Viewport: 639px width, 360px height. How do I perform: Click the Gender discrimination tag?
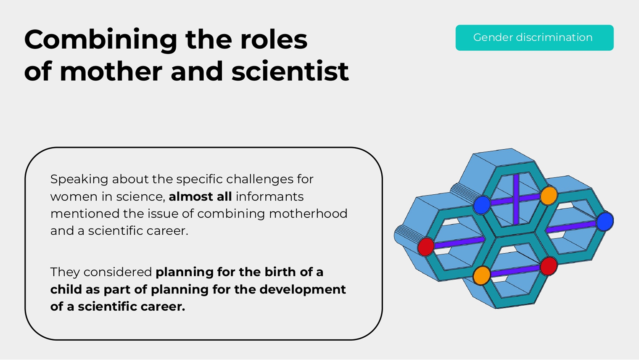click(534, 38)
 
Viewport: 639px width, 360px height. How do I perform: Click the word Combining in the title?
click(101, 41)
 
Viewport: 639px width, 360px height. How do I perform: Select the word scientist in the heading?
click(290, 71)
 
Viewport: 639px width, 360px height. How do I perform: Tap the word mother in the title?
click(111, 71)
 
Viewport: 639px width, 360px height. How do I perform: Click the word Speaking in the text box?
click(79, 180)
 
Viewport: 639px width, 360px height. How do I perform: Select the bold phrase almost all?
click(200, 196)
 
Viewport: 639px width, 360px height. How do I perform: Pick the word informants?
click(269, 196)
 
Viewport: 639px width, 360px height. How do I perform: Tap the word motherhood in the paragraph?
click(308, 214)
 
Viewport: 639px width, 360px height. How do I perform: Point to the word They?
click(65, 272)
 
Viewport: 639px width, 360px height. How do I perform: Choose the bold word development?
click(302, 289)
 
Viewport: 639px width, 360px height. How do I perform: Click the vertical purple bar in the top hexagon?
click(516, 199)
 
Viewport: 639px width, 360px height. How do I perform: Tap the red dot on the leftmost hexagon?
click(426, 247)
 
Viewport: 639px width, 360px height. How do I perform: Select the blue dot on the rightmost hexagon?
click(605, 221)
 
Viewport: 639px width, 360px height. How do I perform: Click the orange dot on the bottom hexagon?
click(481, 275)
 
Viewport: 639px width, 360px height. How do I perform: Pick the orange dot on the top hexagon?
click(549, 196)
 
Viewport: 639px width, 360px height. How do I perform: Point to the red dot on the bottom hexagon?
click(549, 266)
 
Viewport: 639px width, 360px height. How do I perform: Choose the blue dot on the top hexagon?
click(482, 205)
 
